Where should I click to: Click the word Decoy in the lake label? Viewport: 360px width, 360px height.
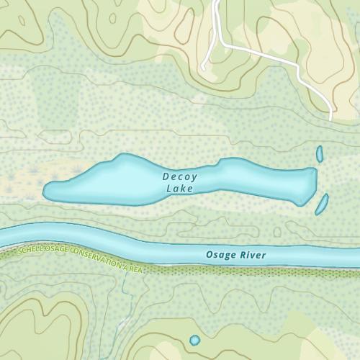point(180,176)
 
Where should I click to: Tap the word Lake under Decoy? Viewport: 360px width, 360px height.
point(180,189)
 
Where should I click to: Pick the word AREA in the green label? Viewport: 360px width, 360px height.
point(134,269)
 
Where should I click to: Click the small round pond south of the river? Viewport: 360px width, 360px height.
point(194,339)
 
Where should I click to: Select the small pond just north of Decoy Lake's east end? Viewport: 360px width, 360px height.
point(320,153)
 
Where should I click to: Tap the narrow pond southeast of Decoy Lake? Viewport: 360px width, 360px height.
point(321,203)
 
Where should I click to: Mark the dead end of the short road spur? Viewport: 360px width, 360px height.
point(204,68)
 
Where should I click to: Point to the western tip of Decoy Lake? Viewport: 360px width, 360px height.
point(45,192)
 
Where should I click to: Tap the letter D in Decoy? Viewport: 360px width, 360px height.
point(166,176)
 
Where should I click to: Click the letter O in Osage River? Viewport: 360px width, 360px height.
point(210,256)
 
